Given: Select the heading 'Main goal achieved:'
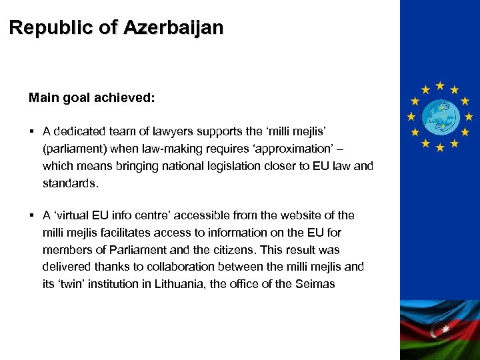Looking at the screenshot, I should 92,98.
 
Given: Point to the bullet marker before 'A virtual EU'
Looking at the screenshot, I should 31,215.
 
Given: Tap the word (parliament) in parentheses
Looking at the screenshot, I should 74,149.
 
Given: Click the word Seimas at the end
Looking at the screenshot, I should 315,285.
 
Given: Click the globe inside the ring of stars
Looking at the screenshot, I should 439,115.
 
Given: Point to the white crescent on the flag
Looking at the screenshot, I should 438,330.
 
